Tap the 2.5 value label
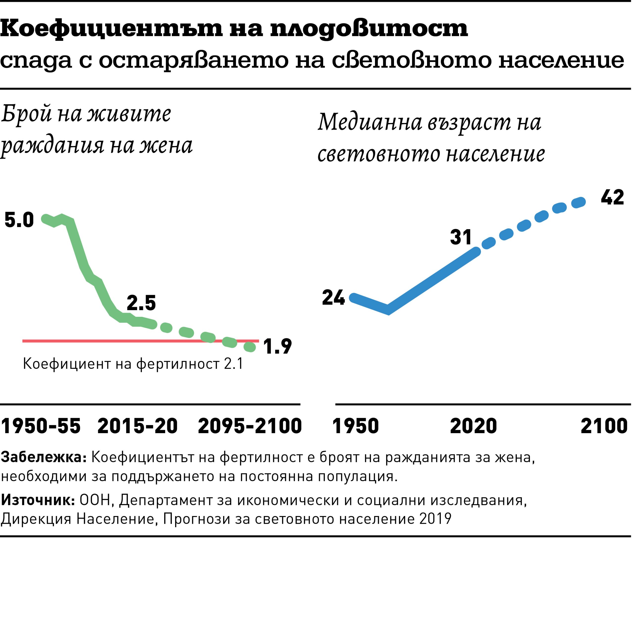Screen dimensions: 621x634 point(141,303)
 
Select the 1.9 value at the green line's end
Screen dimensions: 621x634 point(277,346)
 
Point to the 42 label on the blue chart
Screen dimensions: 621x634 point(612,197)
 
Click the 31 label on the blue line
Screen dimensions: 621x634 point(461,237)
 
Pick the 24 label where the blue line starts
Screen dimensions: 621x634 point(333,298)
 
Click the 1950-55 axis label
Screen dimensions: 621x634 point(41,426)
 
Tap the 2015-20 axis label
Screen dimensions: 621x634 point(137,426)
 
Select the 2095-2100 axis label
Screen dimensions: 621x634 point(250,426)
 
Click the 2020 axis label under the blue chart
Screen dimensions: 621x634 point(473,426)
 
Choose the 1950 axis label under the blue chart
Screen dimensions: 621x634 point(355,426)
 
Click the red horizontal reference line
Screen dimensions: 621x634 point(98,341)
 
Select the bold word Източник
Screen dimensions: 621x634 point(38,500)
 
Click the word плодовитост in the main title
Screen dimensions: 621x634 point(369,29)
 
